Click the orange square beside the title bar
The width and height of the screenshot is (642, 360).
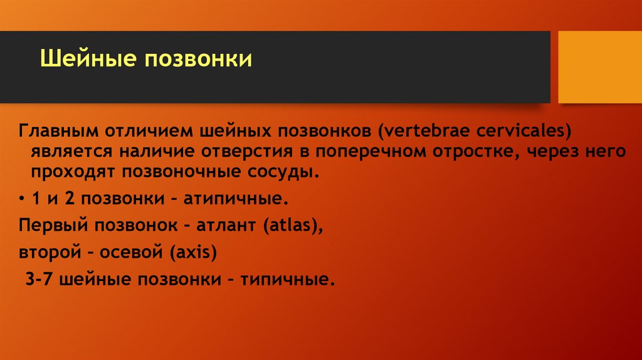click(x=599, y=66)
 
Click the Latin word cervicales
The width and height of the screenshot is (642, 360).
click(x=525, y=134)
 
